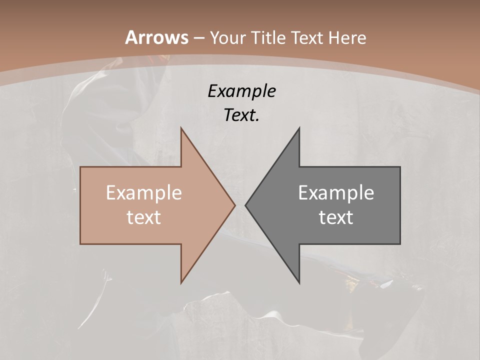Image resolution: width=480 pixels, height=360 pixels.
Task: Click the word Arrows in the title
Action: tap(156, 37)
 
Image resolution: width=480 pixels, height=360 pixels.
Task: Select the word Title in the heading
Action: tap(271, 37)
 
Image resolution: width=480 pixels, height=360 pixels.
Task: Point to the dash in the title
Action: tap(199, 38)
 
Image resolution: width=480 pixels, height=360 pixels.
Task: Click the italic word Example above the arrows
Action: tap(242, 91)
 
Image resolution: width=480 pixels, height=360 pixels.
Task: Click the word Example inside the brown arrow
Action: tap(144, 192)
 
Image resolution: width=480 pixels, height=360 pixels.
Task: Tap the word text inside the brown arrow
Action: tap(144, 217)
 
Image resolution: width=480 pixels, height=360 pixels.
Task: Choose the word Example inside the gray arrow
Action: tap(336, 192)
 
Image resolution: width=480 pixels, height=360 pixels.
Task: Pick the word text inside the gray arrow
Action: tap(336, 217)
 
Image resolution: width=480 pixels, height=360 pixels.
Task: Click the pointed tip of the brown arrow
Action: tap(234, 205)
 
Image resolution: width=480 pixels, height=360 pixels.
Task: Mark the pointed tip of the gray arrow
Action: tap(245, 205)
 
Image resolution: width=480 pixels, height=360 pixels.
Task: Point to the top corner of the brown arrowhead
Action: tap(181, 128)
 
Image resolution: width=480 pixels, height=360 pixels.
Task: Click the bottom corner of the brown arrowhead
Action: tap(181, 282)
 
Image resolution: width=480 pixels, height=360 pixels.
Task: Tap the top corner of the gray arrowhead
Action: tap(299, 128)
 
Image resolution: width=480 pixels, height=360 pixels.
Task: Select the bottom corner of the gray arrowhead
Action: tap(299, 282)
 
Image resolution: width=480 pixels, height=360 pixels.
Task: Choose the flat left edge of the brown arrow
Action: tap(80, 205)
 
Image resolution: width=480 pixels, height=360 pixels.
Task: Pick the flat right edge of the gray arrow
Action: tap(400, 205)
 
